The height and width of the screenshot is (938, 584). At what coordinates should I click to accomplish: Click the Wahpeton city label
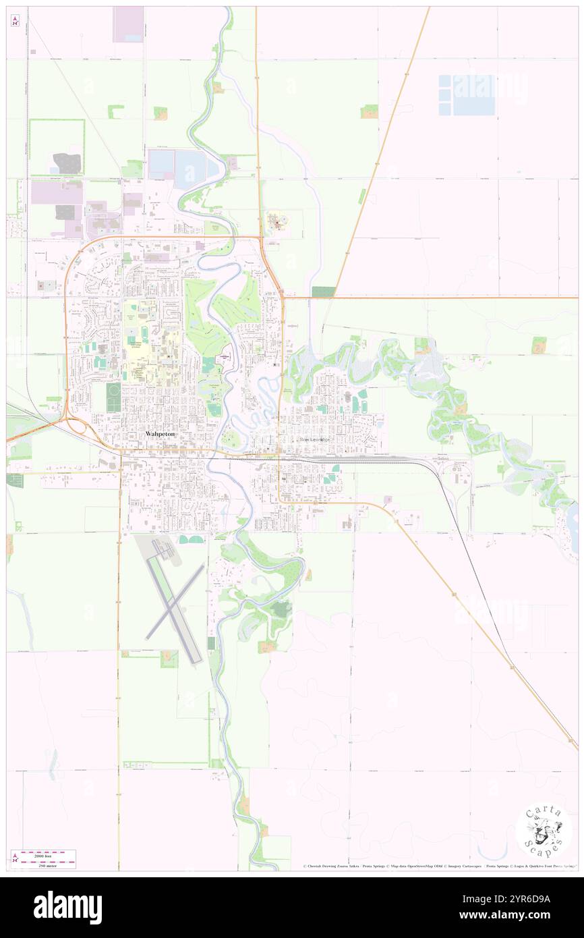[x=160, y=435]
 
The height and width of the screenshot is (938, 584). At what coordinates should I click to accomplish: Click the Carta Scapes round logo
[x=544, y=831]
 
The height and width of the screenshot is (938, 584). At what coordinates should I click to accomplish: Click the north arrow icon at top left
[x=15, y=21]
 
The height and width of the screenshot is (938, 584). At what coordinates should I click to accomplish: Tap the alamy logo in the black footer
[x=67, y=907]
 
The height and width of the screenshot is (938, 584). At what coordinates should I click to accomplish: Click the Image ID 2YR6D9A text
[x=524, y=898]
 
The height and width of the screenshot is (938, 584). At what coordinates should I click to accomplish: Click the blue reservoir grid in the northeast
[x=467, y=94]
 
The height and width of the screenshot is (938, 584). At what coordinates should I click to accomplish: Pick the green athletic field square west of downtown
[x=113, y=397]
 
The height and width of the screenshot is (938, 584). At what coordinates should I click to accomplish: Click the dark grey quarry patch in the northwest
[x=67, y=163]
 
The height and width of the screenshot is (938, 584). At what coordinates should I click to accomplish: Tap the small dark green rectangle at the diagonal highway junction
[x=324, y=292]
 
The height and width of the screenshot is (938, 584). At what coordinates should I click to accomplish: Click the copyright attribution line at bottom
[x=438, y=866]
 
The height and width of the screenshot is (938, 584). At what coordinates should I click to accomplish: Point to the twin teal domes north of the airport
[x=193, y=539]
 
